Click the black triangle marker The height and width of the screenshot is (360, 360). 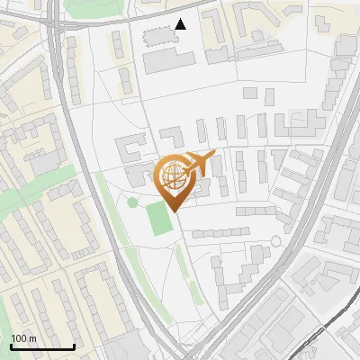[181, 24]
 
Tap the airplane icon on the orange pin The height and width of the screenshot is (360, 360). [197, 164]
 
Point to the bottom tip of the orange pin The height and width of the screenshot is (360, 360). [175, 211]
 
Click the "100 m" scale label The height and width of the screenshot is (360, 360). [23, 337]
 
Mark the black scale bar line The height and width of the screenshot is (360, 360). [42, 346]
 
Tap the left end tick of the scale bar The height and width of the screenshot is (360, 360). [11, 345]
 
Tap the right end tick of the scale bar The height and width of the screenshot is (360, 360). [74, 345]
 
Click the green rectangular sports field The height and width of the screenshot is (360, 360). [159, 219]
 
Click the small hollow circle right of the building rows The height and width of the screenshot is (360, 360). [275, 241]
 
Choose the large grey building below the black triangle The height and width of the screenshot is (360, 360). [168, 61]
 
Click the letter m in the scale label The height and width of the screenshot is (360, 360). [31, 337]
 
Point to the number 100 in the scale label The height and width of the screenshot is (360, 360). [19, 337]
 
